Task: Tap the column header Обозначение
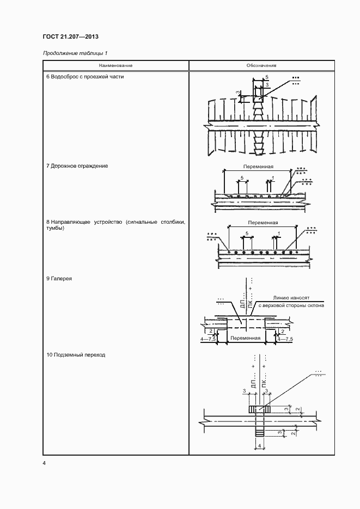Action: click(x=261, y=66)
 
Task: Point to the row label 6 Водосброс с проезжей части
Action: click(x=85, y=77)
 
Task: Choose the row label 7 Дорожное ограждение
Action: click(x=77, y=165)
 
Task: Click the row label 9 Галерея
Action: click(x=59, y=279)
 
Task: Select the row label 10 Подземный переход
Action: click(x=76, y=355)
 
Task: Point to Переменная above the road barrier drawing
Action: click(x=259, y=167)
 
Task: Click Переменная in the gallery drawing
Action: click(x=245, y=338)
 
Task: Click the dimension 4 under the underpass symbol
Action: click(x=260, y=446)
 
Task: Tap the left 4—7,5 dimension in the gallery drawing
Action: click(x=208, y=338)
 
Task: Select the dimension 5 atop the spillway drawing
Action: click(x=267, y=77)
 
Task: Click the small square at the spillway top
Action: click(x=258, y=99)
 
